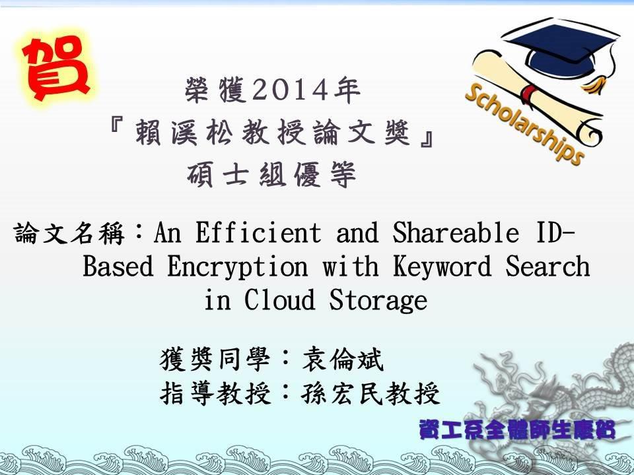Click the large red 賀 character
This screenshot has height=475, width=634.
(x=55, y=67)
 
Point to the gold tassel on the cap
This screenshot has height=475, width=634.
(x=596, y=82)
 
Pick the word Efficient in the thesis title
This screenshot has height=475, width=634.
(x=258, y=232)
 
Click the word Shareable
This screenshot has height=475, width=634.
(x=455, y=232)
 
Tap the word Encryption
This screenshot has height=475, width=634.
(x=237, y=267)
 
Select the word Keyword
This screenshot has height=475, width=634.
(x=442, y=267)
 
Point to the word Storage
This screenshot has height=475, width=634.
(x=378, y=301)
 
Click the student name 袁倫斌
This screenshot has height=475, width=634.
(x=343, y=359)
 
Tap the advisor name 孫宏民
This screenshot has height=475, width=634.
(x=342, y=393)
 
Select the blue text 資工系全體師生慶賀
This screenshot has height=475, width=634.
(x=516, y=429)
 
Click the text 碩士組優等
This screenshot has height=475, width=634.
(x=271, y=174)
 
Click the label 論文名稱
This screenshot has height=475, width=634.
(x=69, y=234)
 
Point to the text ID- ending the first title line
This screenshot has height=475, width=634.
(x=554, y=232)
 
